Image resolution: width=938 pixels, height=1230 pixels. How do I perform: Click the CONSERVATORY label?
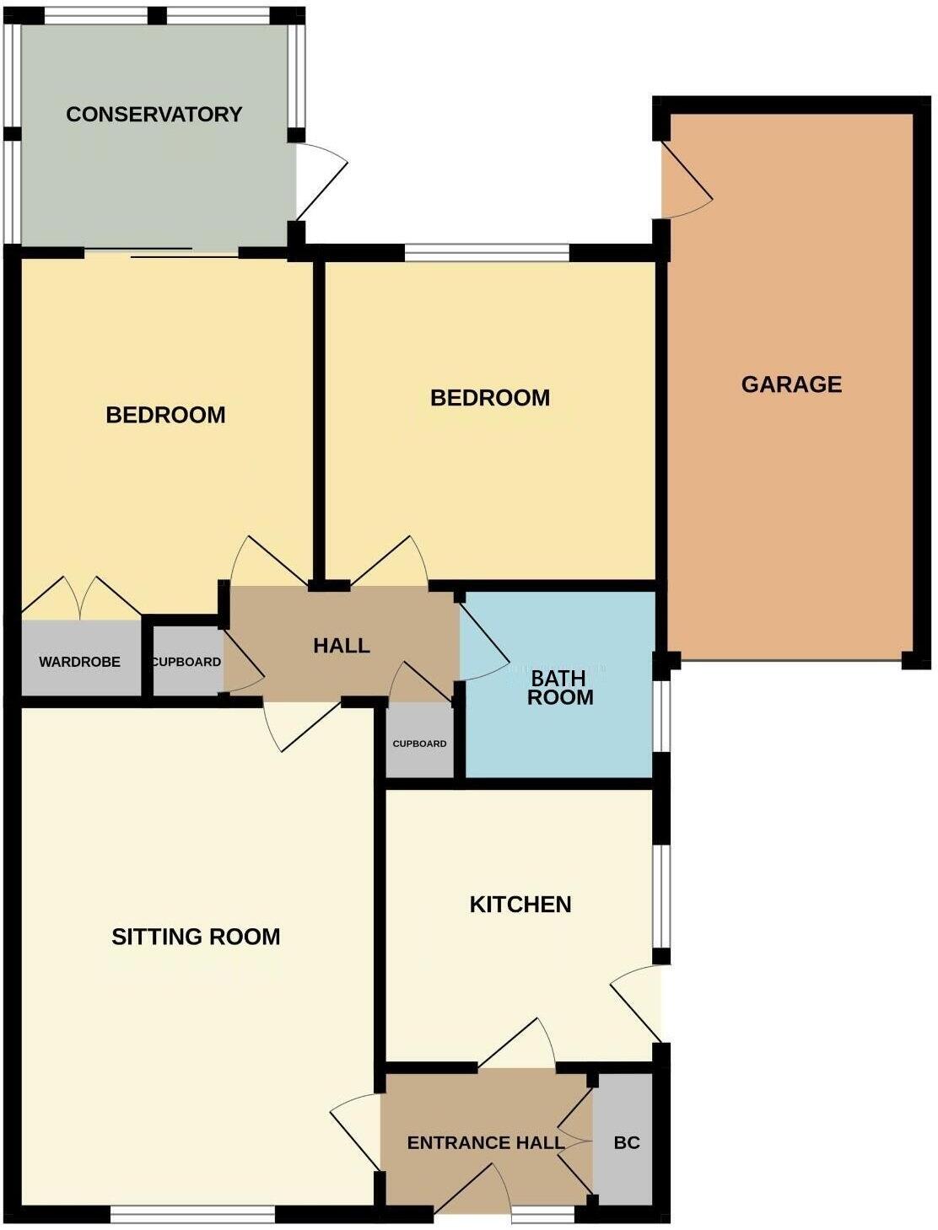[154, 115]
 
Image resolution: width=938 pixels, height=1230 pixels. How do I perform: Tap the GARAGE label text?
[791, 384]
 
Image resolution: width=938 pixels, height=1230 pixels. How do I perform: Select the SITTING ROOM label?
[196, 937]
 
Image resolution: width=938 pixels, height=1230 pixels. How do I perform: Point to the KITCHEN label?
[520, 905]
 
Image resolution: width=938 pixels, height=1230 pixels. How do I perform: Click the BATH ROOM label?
[560, 688]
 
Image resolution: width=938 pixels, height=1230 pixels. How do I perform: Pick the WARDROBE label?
[79, 663]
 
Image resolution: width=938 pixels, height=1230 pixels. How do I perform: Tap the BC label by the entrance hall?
[626, 1143]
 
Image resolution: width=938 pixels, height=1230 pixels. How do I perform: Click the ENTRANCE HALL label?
[485, 1143]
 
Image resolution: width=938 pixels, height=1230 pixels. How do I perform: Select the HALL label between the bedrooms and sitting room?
[342, 646]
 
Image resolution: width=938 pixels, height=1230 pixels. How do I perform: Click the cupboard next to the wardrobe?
[186, 663]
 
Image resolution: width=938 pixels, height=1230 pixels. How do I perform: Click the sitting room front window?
[192, 1213]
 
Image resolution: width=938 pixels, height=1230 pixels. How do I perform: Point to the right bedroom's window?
[487, 252]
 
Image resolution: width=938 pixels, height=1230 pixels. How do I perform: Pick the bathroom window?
[663, 715]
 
